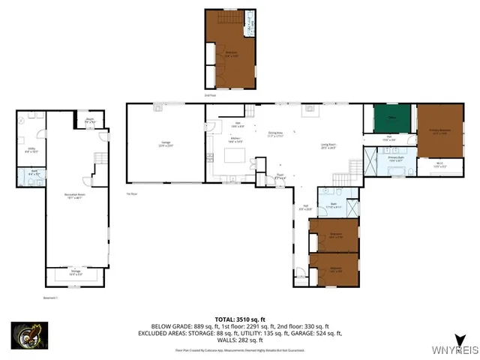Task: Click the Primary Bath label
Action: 396,159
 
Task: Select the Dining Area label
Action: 278,136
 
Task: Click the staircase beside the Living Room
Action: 341,178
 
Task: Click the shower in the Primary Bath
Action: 370,161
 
